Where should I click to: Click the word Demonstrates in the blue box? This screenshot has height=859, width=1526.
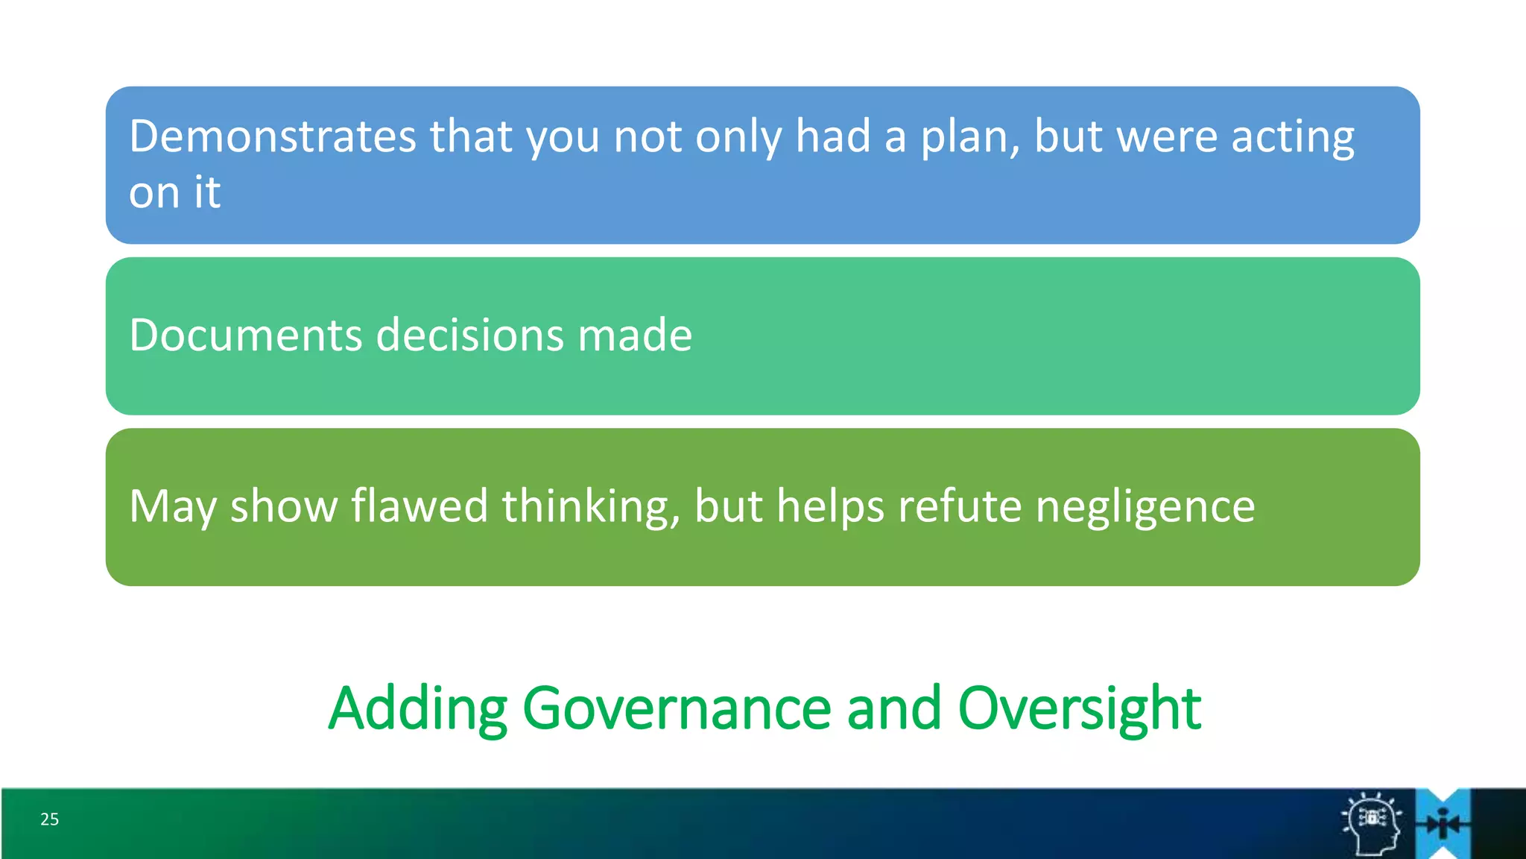point(272,137)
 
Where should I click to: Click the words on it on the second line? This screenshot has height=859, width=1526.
point(174,193)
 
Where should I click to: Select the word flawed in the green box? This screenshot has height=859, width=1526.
point(420,506)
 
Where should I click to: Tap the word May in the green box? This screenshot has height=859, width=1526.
point(173,506)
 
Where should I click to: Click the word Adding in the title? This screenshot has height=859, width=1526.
point(418,708)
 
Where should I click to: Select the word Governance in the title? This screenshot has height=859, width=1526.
point(677,708)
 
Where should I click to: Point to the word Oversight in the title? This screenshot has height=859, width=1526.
point(1079,708)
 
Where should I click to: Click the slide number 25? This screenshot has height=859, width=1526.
point(49,819)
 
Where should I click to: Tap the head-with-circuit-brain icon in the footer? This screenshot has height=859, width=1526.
point(1372,824)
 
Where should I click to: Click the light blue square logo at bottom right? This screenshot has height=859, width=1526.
point(1443,824)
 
